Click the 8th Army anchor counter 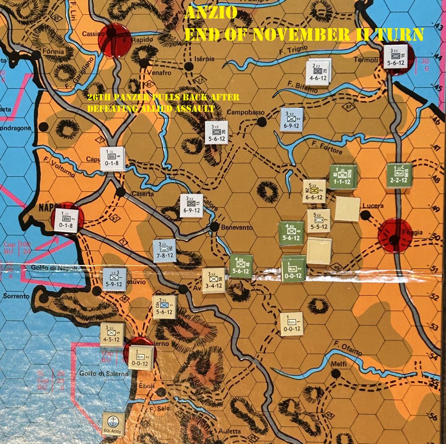coord(113,424)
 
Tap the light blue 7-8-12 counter coord(165,251)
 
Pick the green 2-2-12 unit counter coord(399,176)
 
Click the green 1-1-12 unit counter coord(343,177)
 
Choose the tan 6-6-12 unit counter coord(314,191)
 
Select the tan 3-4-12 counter coord(213,280)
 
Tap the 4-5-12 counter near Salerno coord(112,334)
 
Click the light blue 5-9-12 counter coord(115,279)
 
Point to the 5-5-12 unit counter coord(318,221)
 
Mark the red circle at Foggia coord(395,235)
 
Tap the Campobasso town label coord(246,112)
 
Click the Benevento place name coord(237,227)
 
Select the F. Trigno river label coord(294,50)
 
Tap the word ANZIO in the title coord(211,13)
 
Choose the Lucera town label coord(375,205)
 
